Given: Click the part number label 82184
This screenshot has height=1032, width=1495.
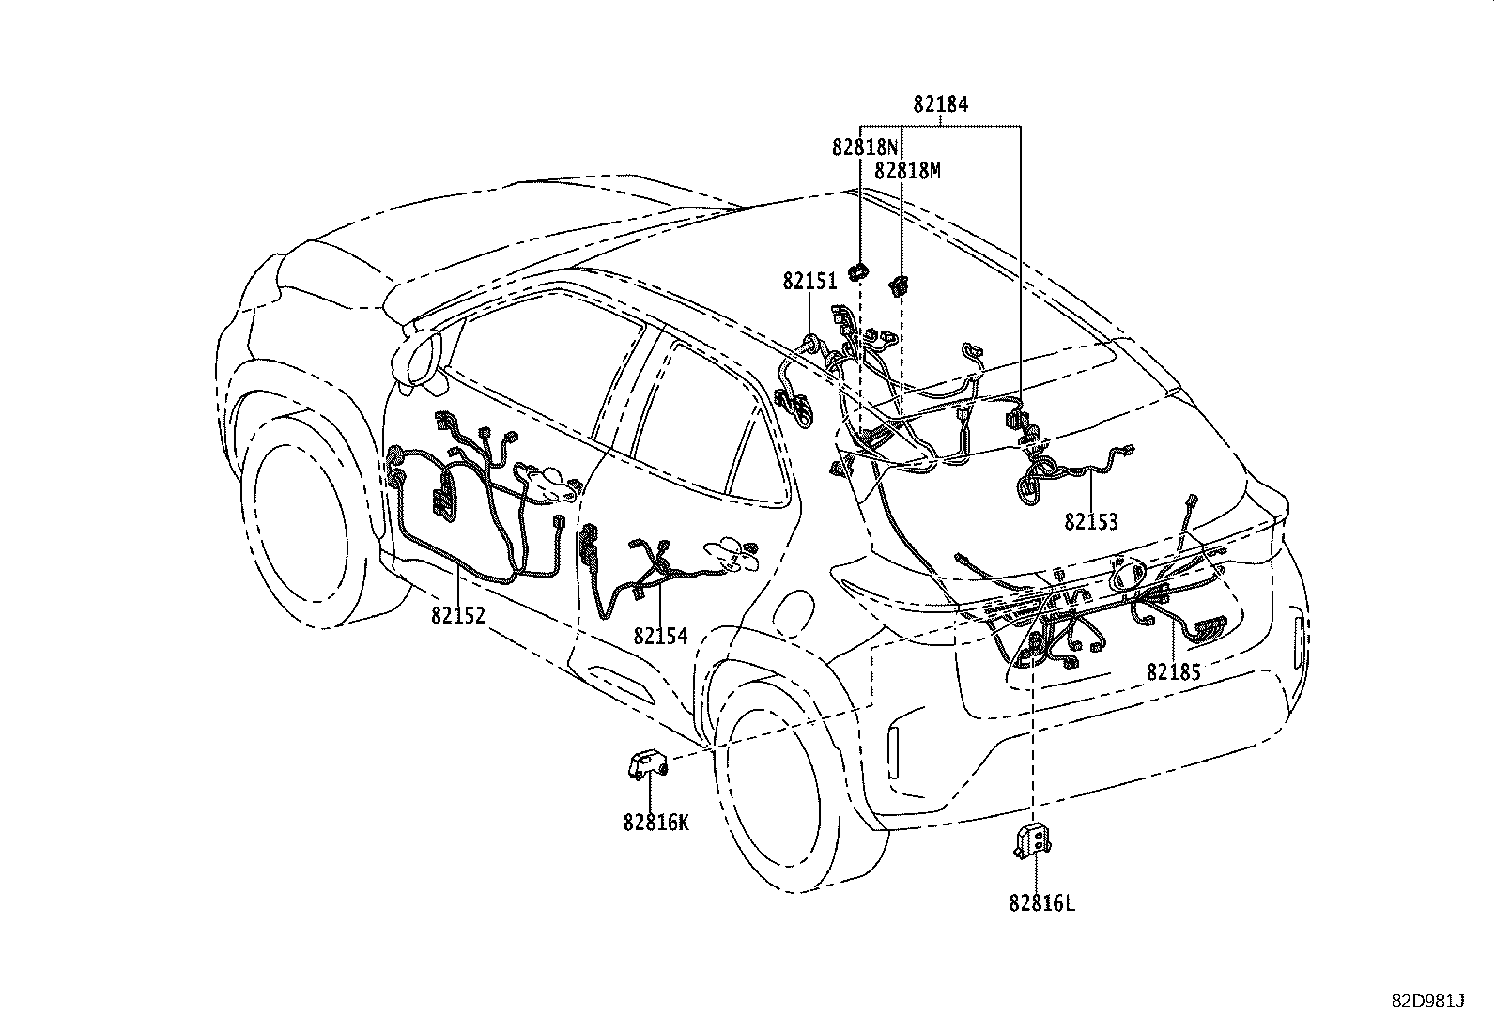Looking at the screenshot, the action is [x=940, y=104].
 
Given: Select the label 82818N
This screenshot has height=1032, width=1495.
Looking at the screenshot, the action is [x=865, y=146].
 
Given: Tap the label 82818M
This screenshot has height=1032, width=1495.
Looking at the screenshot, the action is [x=907, y=171].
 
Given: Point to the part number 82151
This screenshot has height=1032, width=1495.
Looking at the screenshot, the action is [x=809, y=282].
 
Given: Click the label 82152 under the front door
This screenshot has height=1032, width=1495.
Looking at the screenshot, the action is [x=458, y=615].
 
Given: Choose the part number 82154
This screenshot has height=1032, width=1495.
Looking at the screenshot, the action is [x=660, y=636].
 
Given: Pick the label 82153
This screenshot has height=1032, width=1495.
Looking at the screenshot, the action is [x=1091, y=521].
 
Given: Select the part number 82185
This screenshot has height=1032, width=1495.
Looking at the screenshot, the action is [x=1173, y=671].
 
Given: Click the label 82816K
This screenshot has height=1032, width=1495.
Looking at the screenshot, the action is [x=656, y=823].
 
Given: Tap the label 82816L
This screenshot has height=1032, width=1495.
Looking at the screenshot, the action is [x=1041, y=903].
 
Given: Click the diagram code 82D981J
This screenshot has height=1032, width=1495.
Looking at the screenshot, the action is [x=1427, y=1001].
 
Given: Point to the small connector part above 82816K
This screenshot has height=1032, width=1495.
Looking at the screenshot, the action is [x=648, y=763].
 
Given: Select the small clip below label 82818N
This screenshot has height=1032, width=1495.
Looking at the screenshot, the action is [x=858, y=271].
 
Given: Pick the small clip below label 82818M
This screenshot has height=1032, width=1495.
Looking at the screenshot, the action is [x=899, y=285].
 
